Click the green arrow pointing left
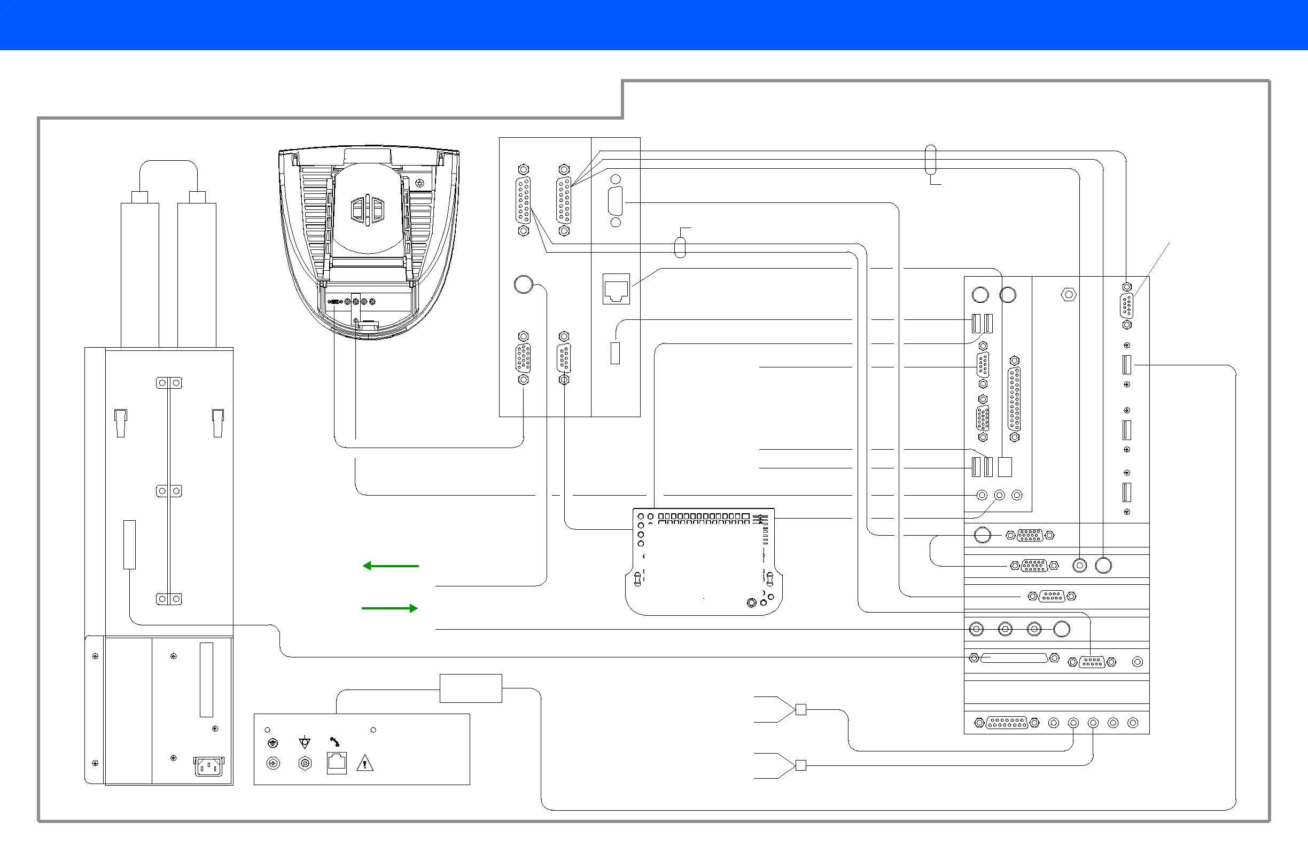point(390,566)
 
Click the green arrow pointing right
point(390,608)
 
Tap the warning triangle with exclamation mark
point(365,763)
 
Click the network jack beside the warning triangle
point(336,763)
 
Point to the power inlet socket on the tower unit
point(209,766)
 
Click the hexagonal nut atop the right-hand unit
point(1068,295)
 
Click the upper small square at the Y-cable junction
point(801,709)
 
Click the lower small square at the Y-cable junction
point(801,765)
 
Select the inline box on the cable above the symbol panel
point(470,688)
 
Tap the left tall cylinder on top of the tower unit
point(139,275)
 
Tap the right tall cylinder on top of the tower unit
point(197,275)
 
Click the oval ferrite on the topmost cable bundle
point(930,159)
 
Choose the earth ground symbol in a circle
point(272,743)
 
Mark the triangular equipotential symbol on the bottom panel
point(305,743)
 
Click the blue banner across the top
point(654,25)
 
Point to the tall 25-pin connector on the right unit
point(1015,399)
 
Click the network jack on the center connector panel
point(616,289)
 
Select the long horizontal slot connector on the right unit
point(1014,657)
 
